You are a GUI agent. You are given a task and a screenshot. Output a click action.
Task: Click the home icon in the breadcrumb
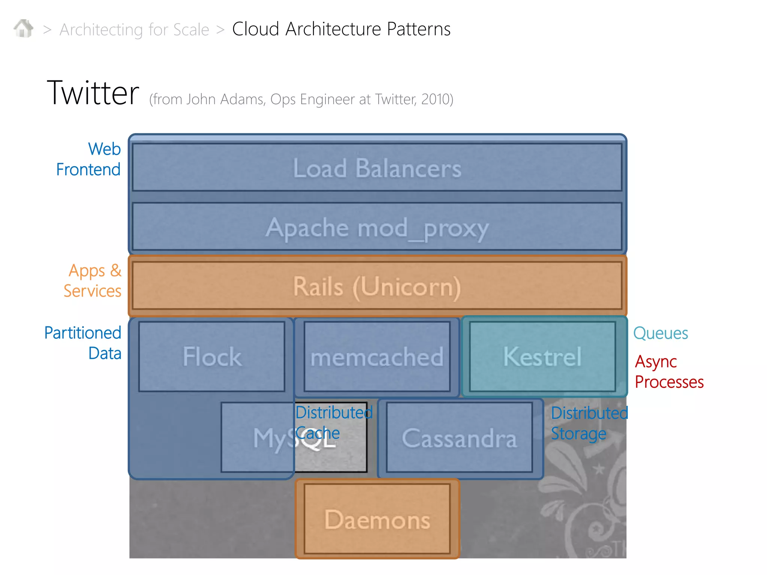[23, 28]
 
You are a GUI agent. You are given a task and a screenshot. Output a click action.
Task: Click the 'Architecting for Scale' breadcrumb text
[134, 30]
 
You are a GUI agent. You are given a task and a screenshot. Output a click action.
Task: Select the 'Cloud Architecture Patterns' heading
[341, 29]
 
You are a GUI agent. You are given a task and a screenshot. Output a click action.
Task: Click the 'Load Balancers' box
[377, 168]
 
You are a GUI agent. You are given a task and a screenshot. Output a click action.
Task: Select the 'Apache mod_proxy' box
[377, 227]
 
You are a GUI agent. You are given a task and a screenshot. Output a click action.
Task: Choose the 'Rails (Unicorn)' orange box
[377, 286]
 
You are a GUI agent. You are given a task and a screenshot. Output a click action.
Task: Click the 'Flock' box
[212, 356]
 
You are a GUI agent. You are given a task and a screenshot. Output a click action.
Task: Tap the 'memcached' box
[377, 356]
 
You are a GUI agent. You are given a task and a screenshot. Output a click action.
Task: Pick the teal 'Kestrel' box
[542, 356]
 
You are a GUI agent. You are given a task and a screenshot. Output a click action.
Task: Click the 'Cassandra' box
[459, 438]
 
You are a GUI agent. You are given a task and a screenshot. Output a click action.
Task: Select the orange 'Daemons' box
[377, 519]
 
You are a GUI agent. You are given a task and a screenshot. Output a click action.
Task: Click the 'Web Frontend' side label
[89, 159]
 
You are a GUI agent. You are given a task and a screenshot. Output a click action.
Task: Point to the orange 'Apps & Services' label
[93, 280]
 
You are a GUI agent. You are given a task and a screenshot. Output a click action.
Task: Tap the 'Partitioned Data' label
[83, 343]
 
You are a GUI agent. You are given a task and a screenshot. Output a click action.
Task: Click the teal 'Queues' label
[660, 333]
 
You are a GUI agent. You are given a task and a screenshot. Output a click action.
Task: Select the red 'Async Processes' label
[669, 372]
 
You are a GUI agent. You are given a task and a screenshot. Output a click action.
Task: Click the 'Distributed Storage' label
[589, 423]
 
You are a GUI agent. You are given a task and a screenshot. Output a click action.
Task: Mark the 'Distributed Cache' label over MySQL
[333, 423]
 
